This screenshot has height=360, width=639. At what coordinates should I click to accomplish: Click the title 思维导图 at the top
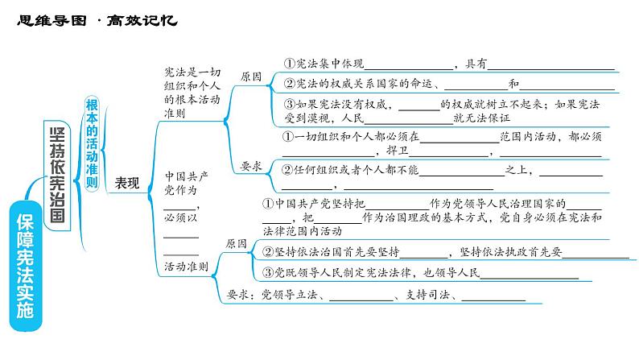[52, 20]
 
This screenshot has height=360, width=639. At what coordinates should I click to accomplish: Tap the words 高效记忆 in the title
[142, 20]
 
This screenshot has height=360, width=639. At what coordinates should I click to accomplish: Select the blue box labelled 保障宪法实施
[25, 266]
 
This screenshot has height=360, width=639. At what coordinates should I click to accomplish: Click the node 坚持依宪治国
[57, 176]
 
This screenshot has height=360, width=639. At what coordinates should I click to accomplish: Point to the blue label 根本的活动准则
[92, 143]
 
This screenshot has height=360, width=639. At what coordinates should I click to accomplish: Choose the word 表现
[127, 183]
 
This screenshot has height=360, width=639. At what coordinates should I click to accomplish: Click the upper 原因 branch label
[251, 77]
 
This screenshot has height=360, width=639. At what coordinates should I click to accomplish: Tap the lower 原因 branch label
[237, 244]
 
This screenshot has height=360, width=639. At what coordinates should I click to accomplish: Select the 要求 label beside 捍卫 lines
[251, 166]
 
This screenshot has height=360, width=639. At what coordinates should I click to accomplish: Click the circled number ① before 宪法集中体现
[290, 63]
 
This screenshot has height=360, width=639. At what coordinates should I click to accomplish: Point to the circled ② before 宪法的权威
[290, 84]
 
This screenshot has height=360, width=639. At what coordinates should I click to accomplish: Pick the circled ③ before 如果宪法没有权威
[290, 104]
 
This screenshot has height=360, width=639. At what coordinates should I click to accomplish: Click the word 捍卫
[398, 150]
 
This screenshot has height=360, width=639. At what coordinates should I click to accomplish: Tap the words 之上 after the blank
[517, 170]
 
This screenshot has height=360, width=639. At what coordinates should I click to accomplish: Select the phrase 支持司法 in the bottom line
[427, 294]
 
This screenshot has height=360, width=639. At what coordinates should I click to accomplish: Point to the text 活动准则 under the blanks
[186, 267]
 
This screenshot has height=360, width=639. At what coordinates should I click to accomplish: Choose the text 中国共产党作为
[186, 183]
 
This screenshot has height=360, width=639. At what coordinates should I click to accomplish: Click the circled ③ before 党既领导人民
[268, 272]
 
